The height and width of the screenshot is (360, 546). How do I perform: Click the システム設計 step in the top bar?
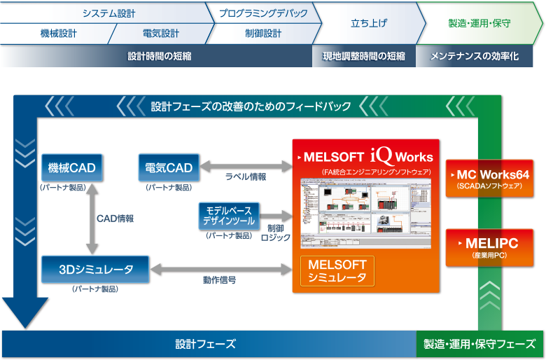108,13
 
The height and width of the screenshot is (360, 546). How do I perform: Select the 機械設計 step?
59,33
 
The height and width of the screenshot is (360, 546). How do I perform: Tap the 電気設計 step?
161,33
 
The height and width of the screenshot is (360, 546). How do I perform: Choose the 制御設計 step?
263,33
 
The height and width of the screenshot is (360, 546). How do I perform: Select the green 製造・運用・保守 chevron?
479,23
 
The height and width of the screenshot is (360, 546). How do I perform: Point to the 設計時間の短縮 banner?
160,56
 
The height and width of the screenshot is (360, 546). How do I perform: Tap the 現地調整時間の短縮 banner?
363,56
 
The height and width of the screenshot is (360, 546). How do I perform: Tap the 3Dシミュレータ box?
96,268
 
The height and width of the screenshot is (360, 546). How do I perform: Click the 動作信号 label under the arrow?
219,280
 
